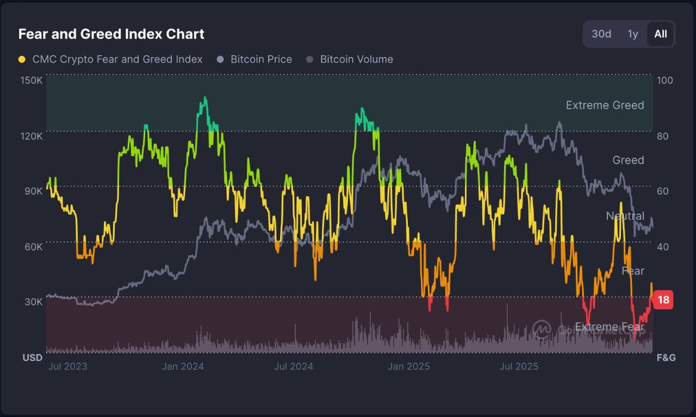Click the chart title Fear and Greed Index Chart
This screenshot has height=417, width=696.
pos(111,34)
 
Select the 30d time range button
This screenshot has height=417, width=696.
pos(601,34)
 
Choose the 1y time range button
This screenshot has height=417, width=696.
pos(633,34)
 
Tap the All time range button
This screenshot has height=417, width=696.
pos(661,34)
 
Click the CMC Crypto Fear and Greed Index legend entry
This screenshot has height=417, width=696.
pos(110,59)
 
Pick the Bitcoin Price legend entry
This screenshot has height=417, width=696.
pos(255,59)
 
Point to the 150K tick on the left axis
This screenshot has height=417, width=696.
pos(31,80)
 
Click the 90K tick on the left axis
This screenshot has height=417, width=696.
pos(33,191)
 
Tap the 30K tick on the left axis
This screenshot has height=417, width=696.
pos(33,302)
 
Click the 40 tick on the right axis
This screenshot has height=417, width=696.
pos(663,246)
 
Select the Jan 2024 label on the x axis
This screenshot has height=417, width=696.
pos(182,366)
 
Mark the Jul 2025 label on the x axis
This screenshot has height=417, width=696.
pos(519,366)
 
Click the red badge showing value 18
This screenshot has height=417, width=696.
pos(664,300)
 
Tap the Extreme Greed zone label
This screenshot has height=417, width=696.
pos(604,105)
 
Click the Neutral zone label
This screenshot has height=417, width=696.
pos(625,216)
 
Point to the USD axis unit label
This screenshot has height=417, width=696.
pos(32,358)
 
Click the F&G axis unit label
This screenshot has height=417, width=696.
pos(666,358)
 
